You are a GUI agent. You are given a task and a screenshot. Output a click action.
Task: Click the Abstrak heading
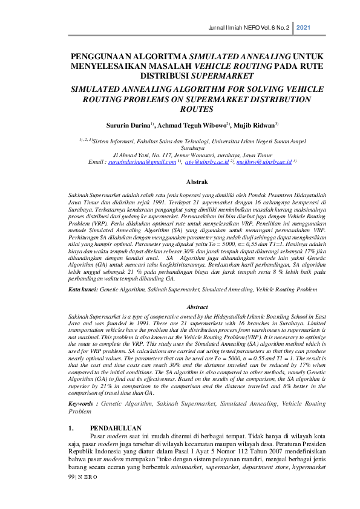180,181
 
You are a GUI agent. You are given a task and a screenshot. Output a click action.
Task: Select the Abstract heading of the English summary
180,307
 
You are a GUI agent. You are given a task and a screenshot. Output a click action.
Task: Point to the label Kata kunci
82,290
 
